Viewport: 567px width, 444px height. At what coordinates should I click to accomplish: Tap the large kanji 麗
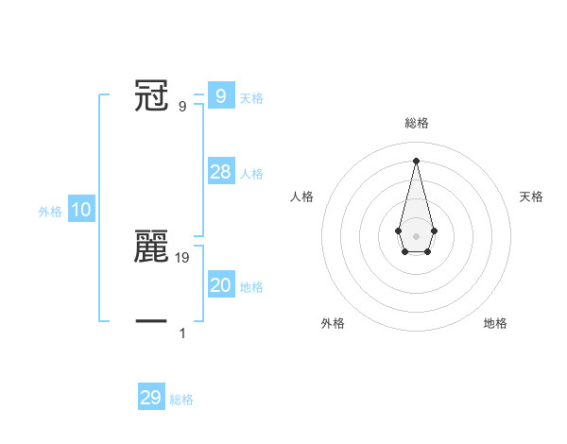(x=151, y=247)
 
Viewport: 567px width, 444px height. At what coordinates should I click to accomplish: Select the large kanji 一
(x=151, y=321)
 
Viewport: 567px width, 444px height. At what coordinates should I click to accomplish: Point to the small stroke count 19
(x=182, y=256)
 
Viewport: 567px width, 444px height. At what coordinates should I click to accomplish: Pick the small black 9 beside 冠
(x=182, y=106)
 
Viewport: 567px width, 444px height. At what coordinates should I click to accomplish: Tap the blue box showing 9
(x=220, y=95)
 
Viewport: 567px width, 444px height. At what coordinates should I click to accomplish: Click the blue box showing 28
(x=220, y=172)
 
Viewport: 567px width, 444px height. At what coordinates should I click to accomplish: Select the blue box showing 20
(x=220, y=285)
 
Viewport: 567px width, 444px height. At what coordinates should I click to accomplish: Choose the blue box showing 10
(x=81, y=210)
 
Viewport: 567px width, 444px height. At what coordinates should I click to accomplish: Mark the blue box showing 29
(x=151, y=398)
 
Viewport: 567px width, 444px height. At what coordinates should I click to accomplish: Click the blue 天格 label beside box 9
(x=251, y=98)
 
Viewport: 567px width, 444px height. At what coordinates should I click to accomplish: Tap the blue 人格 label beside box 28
(x=251, y=174)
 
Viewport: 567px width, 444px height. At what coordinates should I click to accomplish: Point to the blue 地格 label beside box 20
(x=251, y=287)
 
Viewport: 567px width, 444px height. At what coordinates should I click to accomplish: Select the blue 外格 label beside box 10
(x=50, y=212)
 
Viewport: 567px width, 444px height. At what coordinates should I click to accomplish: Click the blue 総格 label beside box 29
(x=181, y=400)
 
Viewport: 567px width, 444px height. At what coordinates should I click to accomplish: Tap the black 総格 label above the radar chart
(x=416, y=123)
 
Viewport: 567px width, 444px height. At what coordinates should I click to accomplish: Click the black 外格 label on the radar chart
(x=333, y=323)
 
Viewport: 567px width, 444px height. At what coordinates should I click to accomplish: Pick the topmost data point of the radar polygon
(x=416, y=159)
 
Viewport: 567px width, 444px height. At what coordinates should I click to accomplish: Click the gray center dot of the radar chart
(x=416, y=235)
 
